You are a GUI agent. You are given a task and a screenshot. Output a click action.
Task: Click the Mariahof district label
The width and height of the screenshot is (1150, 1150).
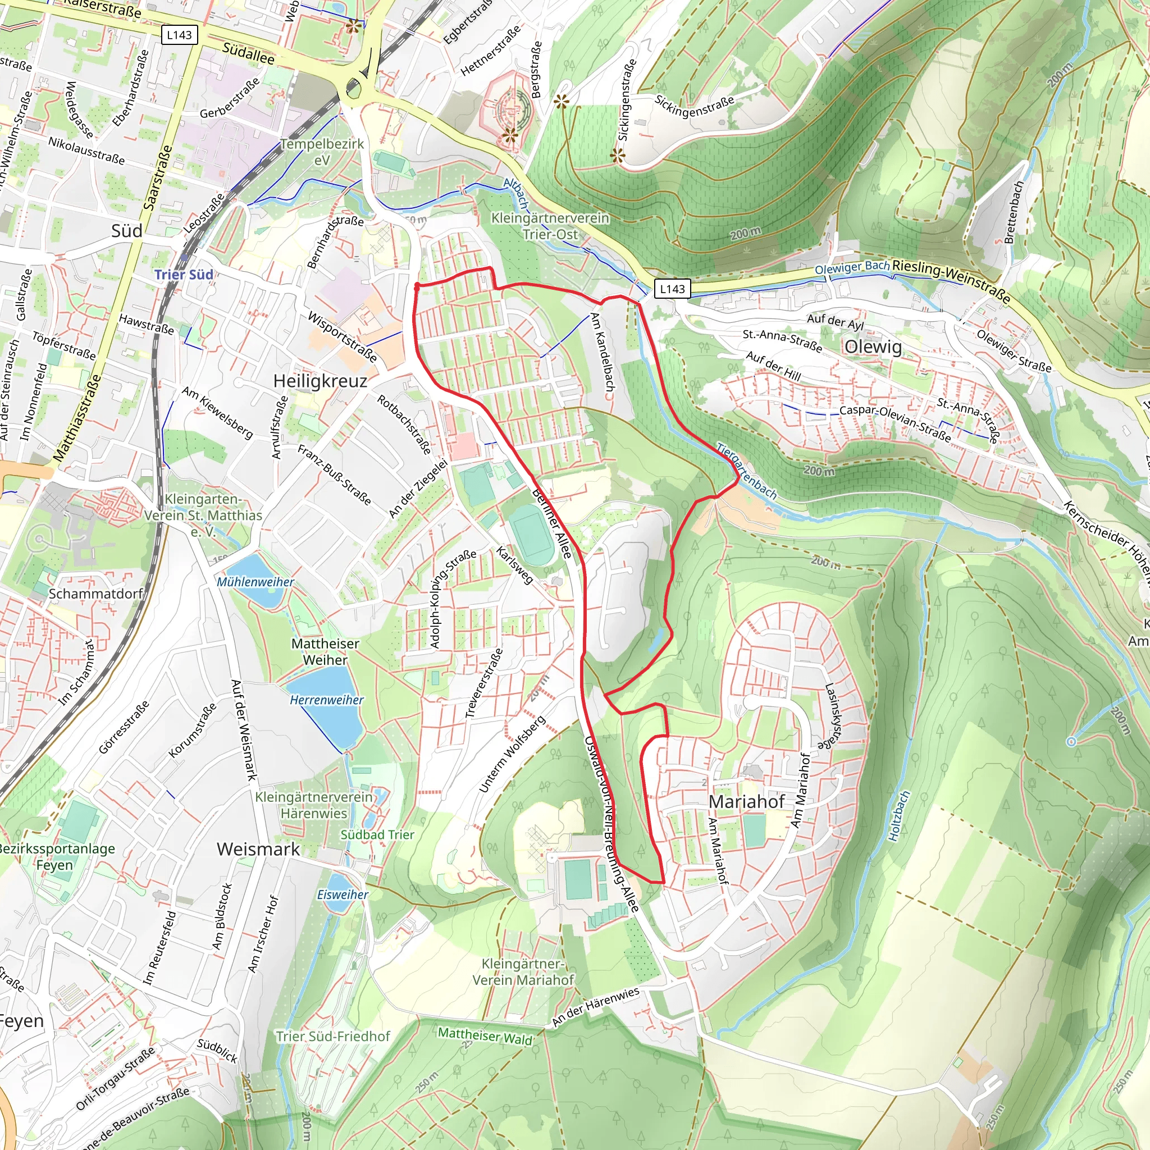pyautogui.click(x=746, y=802)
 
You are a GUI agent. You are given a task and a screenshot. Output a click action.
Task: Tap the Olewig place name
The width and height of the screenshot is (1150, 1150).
pyautogui.click(x=873, y=346)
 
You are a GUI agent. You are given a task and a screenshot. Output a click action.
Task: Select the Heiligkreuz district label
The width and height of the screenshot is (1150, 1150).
pyautogui.click(x=320, y=381)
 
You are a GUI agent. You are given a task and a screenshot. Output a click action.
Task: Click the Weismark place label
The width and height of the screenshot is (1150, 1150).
pyautogui.click(x=258, y=849)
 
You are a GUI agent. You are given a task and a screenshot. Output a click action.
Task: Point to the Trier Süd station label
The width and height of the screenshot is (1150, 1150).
pyautogui.click(x=184, y=275)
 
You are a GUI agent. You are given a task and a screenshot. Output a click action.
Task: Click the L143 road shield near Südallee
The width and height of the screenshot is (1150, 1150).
pyautogui.click(x=179, y=35)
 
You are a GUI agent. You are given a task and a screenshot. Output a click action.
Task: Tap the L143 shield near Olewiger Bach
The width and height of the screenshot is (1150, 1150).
pyautogui.click(x=672, y=289)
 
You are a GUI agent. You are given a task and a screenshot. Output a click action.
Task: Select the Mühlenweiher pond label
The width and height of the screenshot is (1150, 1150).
pyautogui.click(x=255, y=582)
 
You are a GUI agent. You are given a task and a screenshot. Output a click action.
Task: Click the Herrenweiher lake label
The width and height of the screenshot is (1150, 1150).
pyautogui.click(x=326, y=700)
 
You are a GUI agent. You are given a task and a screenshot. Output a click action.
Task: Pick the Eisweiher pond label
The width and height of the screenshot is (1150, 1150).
pyautogui.click(x=343, y=895)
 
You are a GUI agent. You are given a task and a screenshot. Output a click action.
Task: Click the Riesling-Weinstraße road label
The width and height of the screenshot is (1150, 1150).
pyautogui.click(x=951, y=280)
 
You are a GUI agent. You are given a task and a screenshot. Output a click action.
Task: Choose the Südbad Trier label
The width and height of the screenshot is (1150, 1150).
pyautogui.click(x=377, y=834)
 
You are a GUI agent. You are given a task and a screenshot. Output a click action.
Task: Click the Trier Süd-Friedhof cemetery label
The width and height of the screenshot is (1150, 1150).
pyautogui.click(x=333, y=1037)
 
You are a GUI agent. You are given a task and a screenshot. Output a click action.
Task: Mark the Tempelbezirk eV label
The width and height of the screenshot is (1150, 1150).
pyautogui.click(x=322, y=152)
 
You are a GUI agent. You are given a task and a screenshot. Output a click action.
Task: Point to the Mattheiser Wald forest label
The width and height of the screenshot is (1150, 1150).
pyautogui.click(x=485, y=1035)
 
